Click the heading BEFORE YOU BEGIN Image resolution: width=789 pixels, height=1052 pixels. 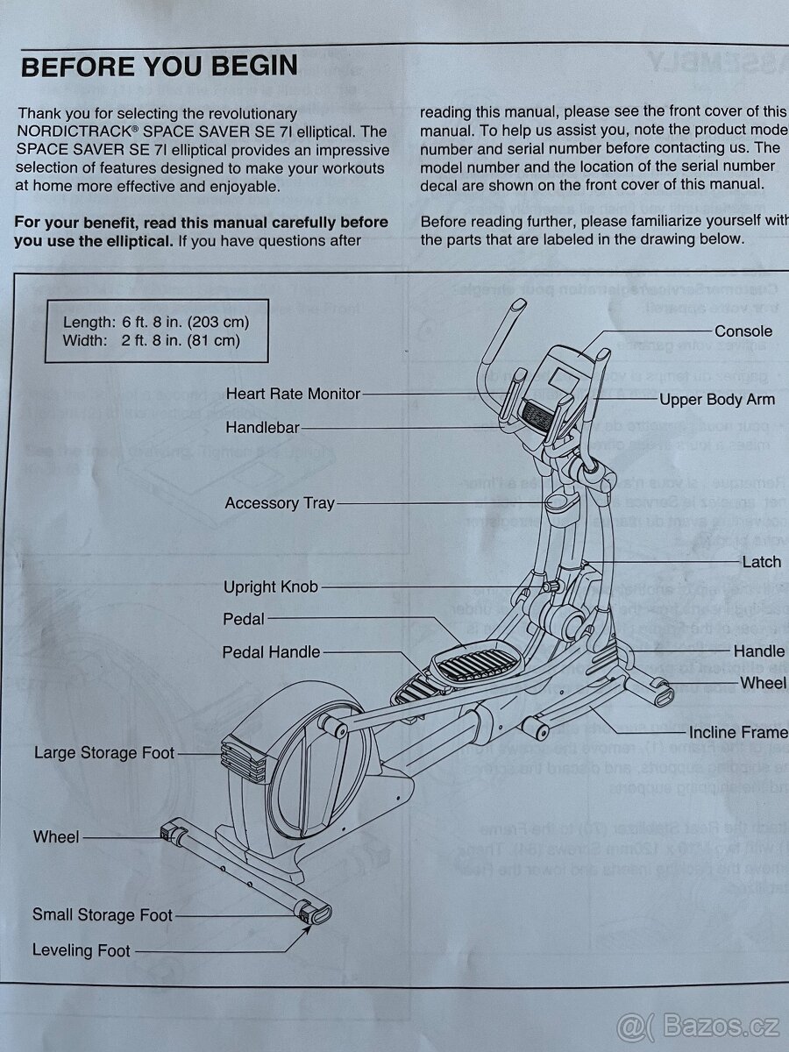coord(159,67)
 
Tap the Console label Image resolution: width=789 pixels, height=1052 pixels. coord(743,331)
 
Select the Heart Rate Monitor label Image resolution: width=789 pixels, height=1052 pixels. coord(293,394)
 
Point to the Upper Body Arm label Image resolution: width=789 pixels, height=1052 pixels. coord(717,399)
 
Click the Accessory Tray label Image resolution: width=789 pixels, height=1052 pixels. coord(280,503)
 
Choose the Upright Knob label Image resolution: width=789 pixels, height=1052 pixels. coord(270,586)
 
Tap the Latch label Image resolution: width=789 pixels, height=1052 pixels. coord(761,562)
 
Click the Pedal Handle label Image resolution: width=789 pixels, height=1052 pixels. coord(271,651)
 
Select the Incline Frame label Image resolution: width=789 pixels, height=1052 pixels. coord(736,732)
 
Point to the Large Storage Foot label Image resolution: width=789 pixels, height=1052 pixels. coord(104,752)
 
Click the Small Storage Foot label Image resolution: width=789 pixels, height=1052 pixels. coord(103,914)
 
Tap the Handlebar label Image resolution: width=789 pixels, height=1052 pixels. coord(262,428)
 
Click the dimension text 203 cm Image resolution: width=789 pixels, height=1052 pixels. coord(221,322)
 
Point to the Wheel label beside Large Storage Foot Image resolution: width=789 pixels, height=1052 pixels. coord(56,836)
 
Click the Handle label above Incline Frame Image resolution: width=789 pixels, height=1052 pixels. coord(759,650)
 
